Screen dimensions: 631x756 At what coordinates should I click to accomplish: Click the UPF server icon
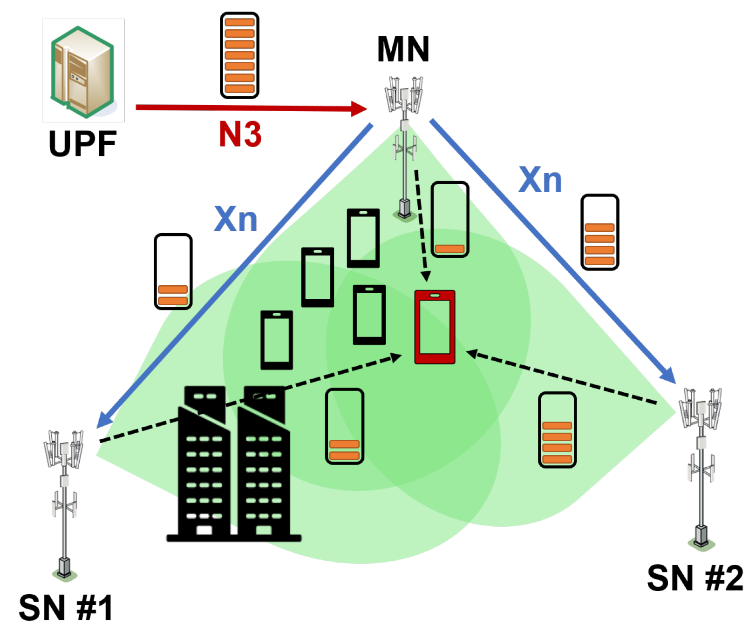tap(83, 71)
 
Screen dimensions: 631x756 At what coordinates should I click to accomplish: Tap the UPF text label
tap(82, 144)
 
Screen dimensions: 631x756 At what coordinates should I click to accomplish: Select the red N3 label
tap(240, 134)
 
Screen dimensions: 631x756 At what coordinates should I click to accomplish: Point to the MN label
tap(403, 49)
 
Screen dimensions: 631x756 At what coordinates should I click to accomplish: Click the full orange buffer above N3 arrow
tap(239, 55)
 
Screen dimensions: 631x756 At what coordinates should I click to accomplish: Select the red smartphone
tap(435, 327)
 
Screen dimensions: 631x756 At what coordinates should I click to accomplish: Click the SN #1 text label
tap(66, 608)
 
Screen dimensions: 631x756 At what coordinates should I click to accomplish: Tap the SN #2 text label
tap(695, 578)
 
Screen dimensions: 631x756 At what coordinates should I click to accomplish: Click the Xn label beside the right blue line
tap(540, 180)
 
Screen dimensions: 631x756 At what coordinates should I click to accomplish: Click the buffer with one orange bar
tap(450, 219)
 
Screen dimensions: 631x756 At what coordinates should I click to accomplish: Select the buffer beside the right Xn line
tap(599, 232)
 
